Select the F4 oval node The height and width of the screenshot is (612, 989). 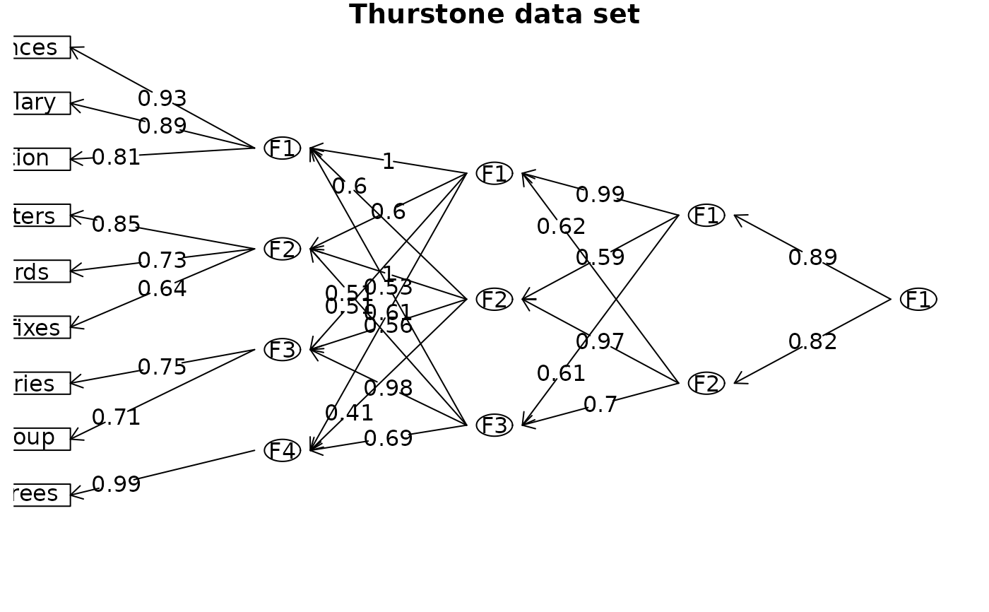point(283,450)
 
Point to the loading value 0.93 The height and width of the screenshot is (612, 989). point(162,99)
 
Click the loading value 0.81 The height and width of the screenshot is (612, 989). point(116,158)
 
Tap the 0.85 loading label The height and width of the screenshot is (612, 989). point(116,225)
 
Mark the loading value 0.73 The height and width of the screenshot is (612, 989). point(162,261)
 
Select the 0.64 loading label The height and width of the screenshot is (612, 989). point(162,289)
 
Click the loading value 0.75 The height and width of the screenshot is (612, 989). point(162,367)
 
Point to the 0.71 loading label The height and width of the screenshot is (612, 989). point(116,418)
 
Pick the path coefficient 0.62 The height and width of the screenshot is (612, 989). point(561,227)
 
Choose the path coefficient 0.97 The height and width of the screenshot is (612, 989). point(600,342)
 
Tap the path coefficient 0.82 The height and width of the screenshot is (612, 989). point(812,342)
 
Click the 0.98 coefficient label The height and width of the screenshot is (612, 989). point(388,389)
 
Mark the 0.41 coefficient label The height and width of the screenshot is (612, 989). point(349,413)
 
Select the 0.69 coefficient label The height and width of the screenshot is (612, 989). point(388,439)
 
